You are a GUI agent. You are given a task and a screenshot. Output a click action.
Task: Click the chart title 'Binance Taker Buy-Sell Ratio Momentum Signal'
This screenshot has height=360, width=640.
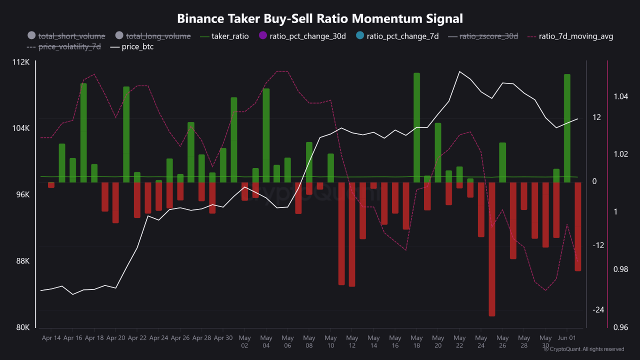(x=320, y=18)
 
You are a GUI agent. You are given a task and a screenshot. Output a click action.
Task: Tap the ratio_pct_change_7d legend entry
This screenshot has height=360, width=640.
(x=397, y=36)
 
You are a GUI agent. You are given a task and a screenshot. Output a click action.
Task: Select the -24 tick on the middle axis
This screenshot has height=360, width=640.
(x=598, y=310)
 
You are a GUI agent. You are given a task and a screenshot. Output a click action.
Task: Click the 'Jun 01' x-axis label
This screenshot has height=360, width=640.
(x=566, y=338)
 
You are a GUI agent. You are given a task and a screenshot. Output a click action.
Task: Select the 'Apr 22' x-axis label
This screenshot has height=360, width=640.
(x=137, y=338)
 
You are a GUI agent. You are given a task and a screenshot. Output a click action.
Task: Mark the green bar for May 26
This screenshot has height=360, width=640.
(x=502, y=162)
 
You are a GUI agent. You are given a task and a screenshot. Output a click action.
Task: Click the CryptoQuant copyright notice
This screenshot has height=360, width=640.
(x=584, y=349)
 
